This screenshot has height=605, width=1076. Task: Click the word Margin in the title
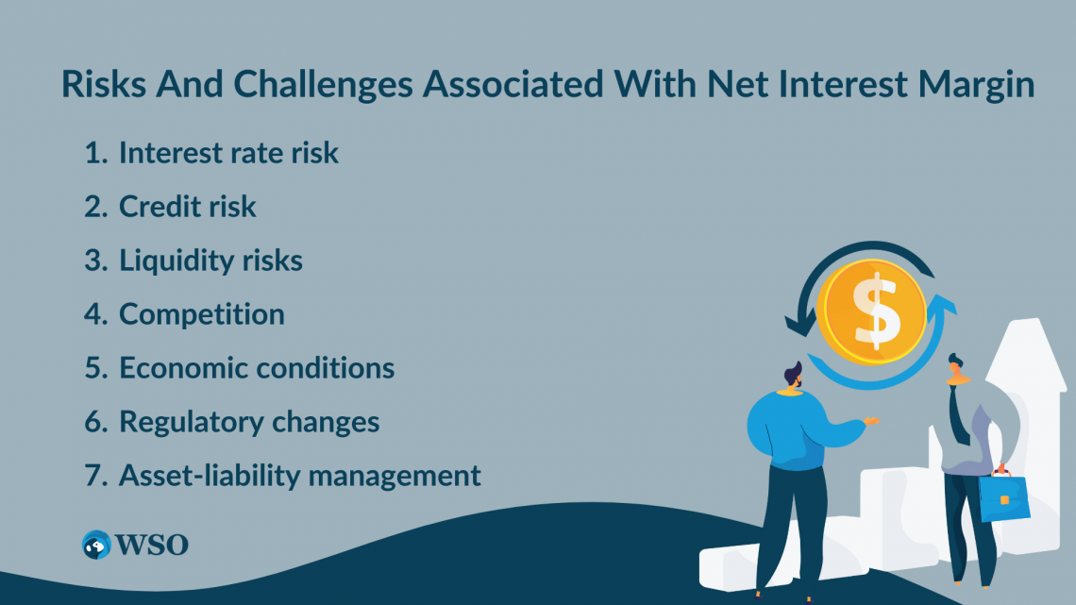pyautogui.click(x=977, y=85)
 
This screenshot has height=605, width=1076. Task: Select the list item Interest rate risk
pyautogui.click(x=228, y=152)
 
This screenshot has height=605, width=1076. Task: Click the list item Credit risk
pyautogui.click(x=187, y=207)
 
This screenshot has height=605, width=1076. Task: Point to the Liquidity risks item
pyautogui.click(x=210, y=260)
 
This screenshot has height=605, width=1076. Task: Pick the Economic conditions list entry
pyautogui.click(x=257, y=368)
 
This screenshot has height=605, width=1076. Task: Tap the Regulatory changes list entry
pyautogui.click(x=249, y=422)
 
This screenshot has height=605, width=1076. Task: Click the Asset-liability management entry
pyautogui.click(x=300, y=476)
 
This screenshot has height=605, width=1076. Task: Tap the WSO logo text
pyautogui.click(x=152, y=546)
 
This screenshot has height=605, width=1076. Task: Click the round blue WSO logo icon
pyautogui.click(x=96, y=546)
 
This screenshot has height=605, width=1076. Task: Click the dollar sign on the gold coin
pyautogui.click(x=875, y=311)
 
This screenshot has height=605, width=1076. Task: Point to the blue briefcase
pyautogui.click(x=1003, y=496)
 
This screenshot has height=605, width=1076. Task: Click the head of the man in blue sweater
pyautogui.click(x=793, y=377)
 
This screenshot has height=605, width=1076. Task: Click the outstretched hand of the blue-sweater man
pyautogui.click(x=871, y=421)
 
